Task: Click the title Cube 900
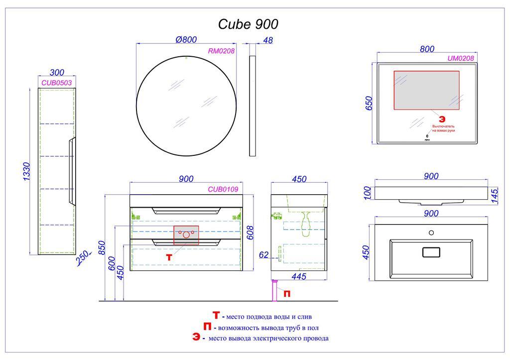[x=249, y=24]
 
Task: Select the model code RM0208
[x=222, y=50]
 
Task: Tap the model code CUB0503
[x=57, y=83]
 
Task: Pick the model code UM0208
[x=461, y=58]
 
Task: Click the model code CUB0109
[x=222, y=189]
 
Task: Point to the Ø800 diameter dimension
[x=186, y=40]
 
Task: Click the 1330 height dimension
[x=27, y=172]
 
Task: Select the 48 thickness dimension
[x=267, y=40]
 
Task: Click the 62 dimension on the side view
[x=264, y=255]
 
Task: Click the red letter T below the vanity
[x=169, y=257]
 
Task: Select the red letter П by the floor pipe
[x=287, y=294]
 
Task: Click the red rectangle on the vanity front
[x=186, y=235]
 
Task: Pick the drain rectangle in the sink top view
[x=431, y=252]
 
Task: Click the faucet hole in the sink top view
[x=431, y=233]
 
